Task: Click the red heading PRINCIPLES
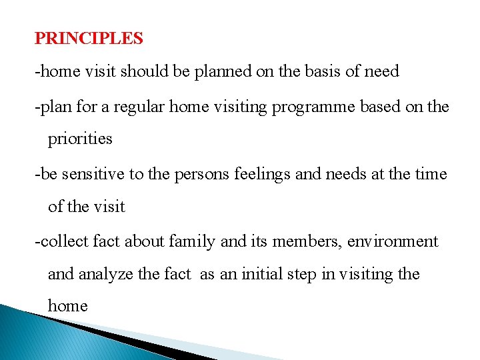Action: [89, 39]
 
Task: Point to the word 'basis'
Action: [321, 71]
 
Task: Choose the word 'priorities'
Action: [80, 139]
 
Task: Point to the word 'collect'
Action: [61, 241]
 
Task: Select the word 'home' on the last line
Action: [67, 306]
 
